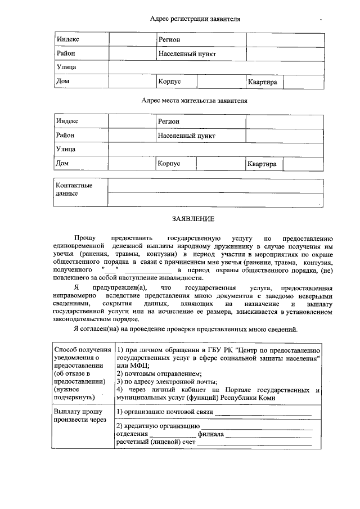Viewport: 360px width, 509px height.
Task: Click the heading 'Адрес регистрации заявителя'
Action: point(195,19)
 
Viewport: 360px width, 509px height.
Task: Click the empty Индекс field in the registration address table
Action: point(132,39)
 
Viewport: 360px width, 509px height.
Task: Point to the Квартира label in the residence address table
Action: point(263,164)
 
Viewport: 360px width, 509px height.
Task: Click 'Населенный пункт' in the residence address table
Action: point(186,136)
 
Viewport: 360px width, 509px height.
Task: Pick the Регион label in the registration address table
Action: point(169,39)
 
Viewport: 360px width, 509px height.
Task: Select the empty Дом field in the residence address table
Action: point(132,164)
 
